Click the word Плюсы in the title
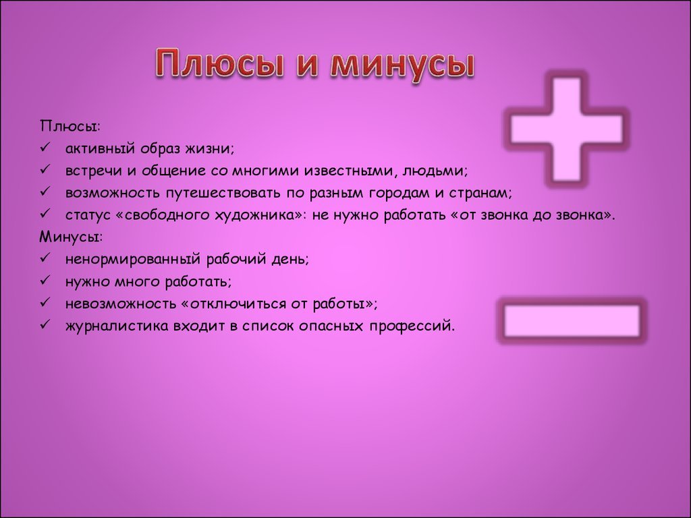pos(219,64)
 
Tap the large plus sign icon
pos(567,129)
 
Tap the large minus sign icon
pos(572,320)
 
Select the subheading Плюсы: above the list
pos(70,126)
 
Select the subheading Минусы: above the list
pos(71,237)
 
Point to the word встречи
pos(94,171)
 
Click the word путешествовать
pos(223,194)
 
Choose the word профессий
pos(412,326)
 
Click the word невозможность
pos(120,304)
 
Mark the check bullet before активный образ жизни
pos(45,147)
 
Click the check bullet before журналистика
pos(45,324)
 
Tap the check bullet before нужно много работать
pos(45,280)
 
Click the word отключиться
pos(234,304)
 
